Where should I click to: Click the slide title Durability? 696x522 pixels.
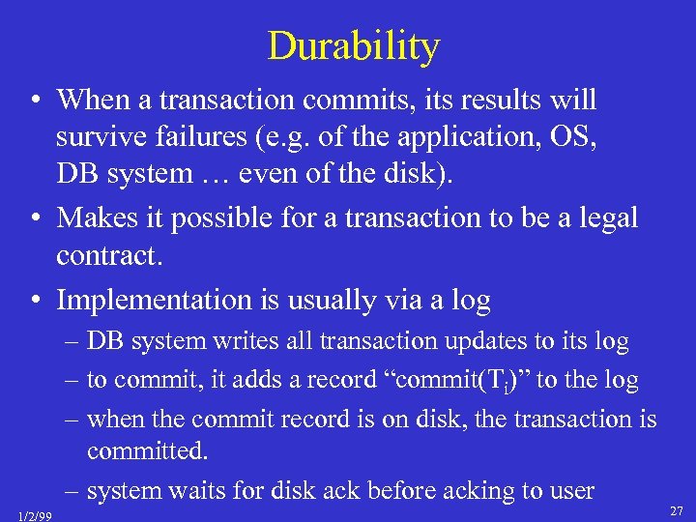(x=353, y=45)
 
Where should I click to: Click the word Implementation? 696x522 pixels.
(x=154, y=300)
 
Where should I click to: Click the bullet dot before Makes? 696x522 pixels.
(x=34, y=218)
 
